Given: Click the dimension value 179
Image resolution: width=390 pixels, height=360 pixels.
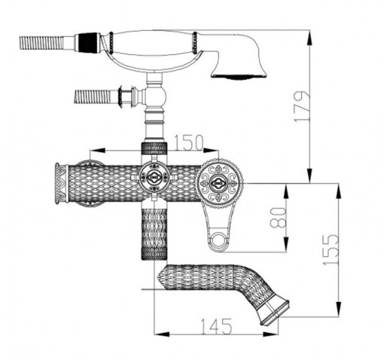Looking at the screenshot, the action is (x=302, y=106).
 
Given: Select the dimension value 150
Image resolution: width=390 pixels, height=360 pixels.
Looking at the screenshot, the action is (x=188, y=142).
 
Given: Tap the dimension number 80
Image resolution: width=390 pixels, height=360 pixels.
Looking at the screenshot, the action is (x=279, y=218).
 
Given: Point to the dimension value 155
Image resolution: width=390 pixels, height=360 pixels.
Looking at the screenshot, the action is (x=331, y=249).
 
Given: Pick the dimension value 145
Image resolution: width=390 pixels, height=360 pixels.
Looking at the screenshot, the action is (x=216, y=326).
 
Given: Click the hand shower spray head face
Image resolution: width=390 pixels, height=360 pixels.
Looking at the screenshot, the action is (x=239, y=76).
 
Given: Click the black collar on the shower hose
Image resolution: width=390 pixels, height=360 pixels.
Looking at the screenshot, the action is (x=88, y=42).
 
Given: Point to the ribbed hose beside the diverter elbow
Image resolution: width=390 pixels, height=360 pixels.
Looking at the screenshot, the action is (x=93, y=96).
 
